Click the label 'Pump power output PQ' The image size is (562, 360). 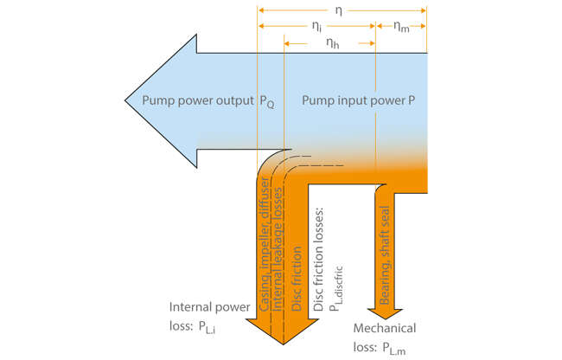pos(208,100)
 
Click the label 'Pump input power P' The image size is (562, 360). pos(358,100)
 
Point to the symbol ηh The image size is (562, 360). pos(331,45)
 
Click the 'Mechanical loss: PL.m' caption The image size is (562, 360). pos(385,337)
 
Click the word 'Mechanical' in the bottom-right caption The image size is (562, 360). pos(385,329)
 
